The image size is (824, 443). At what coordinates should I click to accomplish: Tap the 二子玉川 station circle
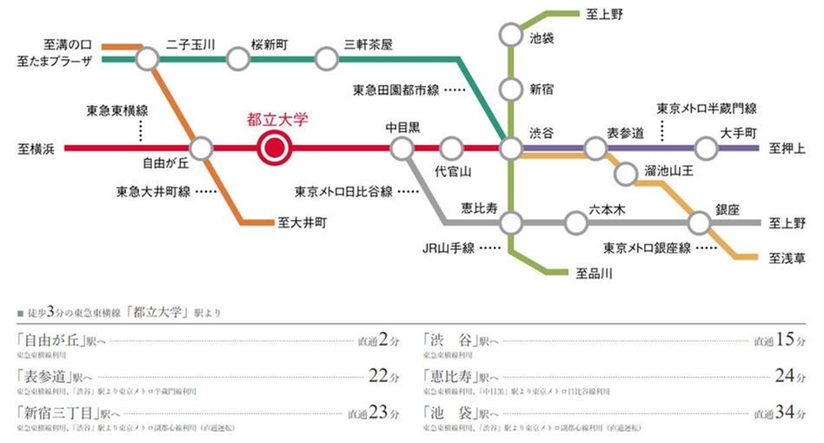148,59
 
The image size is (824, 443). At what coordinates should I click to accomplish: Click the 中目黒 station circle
402,149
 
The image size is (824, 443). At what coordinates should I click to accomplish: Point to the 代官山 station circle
451,149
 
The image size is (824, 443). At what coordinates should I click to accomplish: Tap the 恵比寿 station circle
512,223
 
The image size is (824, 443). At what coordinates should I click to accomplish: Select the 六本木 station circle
575,223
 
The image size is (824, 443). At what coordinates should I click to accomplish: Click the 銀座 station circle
701,223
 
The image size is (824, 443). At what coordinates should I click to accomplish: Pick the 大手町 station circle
707,149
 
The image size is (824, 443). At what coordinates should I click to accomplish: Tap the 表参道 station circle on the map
595,149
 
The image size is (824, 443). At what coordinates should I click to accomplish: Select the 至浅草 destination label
788,258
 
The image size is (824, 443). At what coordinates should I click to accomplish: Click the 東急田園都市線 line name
396,89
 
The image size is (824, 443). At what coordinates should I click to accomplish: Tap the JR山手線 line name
449,248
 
